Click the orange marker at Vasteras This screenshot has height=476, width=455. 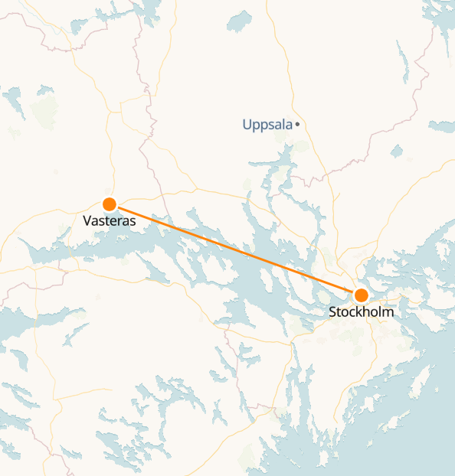[x=110, y=204]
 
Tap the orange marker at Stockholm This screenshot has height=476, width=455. [x=361, y=295]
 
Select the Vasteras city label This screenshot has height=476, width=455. [x=109, y=220]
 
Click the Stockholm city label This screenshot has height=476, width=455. [x=362, y=312]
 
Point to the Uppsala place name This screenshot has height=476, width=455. [x=267, y=124]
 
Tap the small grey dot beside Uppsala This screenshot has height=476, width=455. [x=297, y=124]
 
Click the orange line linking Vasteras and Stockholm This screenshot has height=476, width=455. [x=235, y=249]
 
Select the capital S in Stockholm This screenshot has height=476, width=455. [x=332, y=312]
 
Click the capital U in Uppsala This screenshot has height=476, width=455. [x=247, y=124]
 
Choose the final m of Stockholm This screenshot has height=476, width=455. [x=388, y=312]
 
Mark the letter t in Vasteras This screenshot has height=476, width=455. [x=106, y=220]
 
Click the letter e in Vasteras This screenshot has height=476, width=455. [x=112, y=220]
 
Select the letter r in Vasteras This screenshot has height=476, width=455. [x=118, y=220]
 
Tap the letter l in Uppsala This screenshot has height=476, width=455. [x=283, y=124]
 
